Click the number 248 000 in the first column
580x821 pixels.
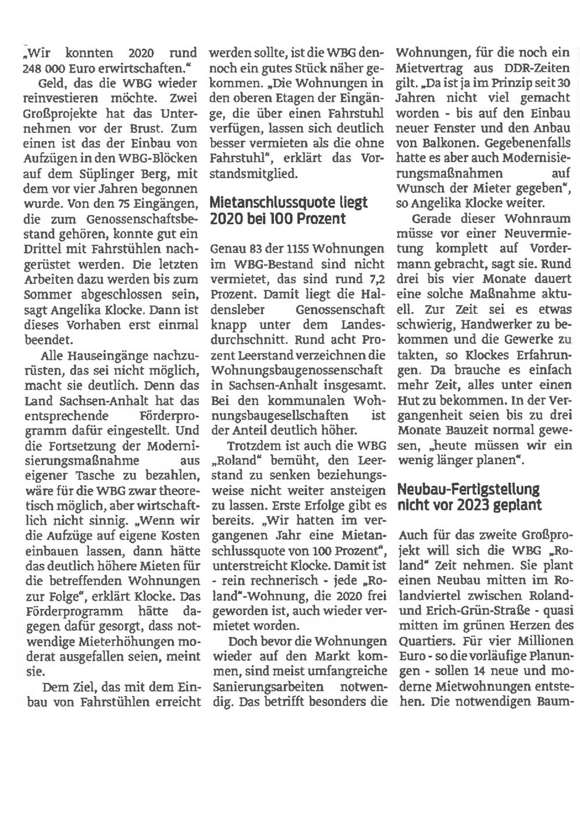49,67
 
